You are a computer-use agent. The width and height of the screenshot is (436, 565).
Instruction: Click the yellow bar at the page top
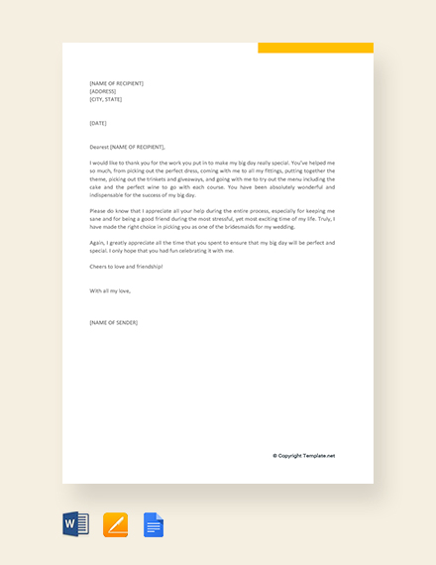(315, 48)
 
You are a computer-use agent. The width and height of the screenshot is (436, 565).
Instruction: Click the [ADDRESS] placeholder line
(103, 91)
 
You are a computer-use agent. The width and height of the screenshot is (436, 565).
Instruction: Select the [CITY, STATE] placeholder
(107, 99)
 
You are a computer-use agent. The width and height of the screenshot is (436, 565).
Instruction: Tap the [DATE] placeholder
(98, 123)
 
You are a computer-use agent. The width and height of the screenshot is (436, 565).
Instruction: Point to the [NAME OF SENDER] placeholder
(114, 322)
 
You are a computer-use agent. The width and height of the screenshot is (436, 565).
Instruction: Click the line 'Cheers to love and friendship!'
(126, 267)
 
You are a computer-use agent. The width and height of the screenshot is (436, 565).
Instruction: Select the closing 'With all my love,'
(110, 290)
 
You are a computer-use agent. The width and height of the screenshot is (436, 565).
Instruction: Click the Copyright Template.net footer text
(304, 456)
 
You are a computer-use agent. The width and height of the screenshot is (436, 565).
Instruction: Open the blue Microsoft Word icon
(76, 524)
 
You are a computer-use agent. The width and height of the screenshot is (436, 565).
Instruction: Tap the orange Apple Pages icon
(116, 524)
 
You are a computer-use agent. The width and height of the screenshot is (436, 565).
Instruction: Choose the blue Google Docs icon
(154, 524)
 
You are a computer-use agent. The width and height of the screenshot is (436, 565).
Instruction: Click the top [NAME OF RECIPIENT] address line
(116, 83)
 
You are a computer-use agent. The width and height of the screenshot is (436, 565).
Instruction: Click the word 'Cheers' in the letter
(98, 267)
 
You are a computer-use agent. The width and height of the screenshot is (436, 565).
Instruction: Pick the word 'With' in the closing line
(95, 290)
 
